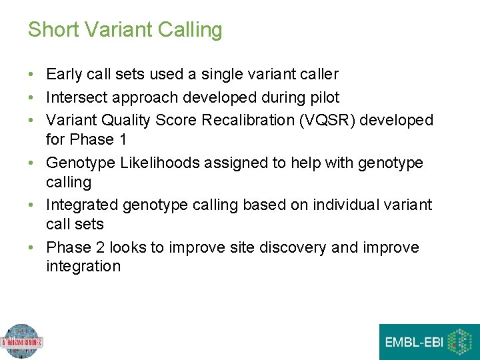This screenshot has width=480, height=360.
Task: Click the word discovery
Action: point(292,248)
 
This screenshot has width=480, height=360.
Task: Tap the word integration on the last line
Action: point(83,267)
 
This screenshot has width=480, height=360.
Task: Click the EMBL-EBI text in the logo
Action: point(413,343)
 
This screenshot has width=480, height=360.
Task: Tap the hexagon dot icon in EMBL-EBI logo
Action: point(459,342)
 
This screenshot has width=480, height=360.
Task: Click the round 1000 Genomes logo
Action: point(21,342)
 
